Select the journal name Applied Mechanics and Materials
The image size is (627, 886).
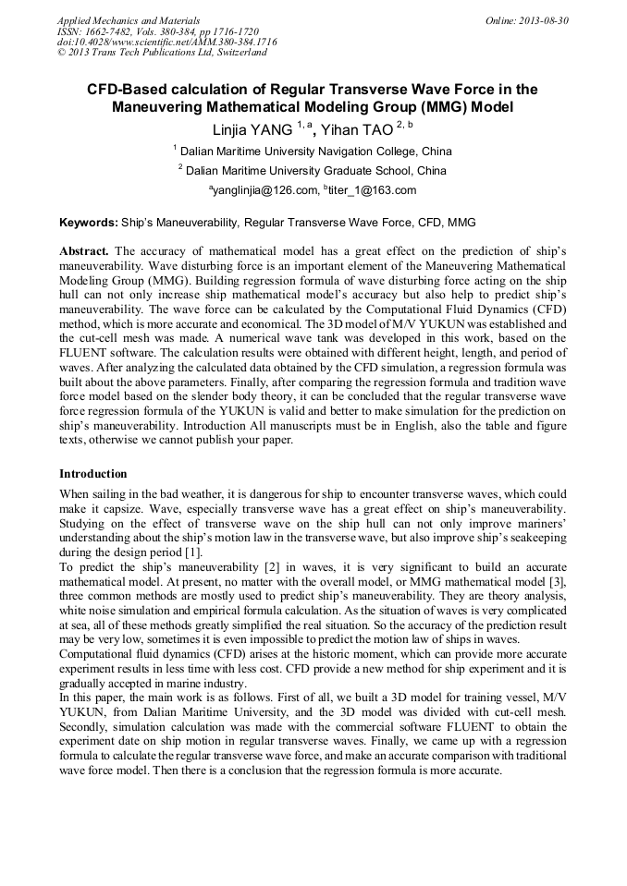pos(129,19)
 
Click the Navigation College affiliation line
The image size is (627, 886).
pos(313,151)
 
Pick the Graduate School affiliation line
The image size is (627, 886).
pos(313,170)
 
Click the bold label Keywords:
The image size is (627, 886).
pos(89,223)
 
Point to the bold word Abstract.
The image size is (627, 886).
pos(84,251)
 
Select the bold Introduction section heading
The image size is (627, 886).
pos(93,473)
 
